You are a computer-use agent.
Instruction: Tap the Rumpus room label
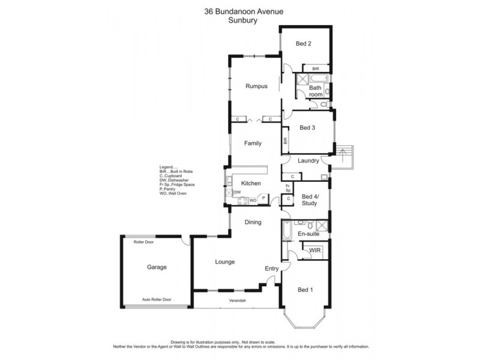pos(256,86)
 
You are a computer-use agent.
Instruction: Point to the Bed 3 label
pos(307,127)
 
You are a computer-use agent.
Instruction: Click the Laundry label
pos(307,160)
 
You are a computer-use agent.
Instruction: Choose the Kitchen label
pos(250,183)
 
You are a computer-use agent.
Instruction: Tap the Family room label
pos(252,143)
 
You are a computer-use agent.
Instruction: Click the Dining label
pos(253,223)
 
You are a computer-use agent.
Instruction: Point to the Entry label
pos(272,268)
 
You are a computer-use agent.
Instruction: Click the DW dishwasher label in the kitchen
pos(238,192)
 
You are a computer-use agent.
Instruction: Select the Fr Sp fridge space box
pos(288,187)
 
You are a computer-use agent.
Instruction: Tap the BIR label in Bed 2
pos(306,69)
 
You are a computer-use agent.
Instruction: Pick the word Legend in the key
pos(166,167)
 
